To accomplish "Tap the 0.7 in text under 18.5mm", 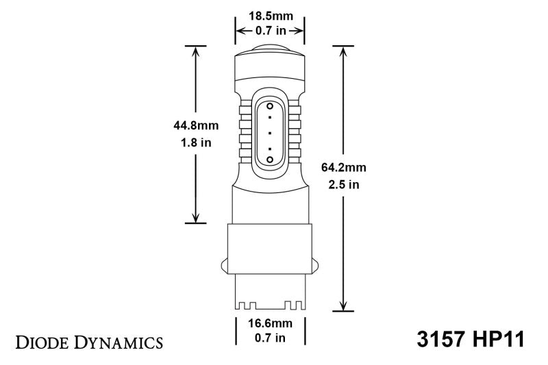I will click(x=270, y=31).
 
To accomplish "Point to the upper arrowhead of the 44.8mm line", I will click(x=197, y=51).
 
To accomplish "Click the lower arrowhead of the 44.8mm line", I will click(x=197, y=218).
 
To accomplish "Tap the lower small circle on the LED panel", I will click(x=269, y=159).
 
